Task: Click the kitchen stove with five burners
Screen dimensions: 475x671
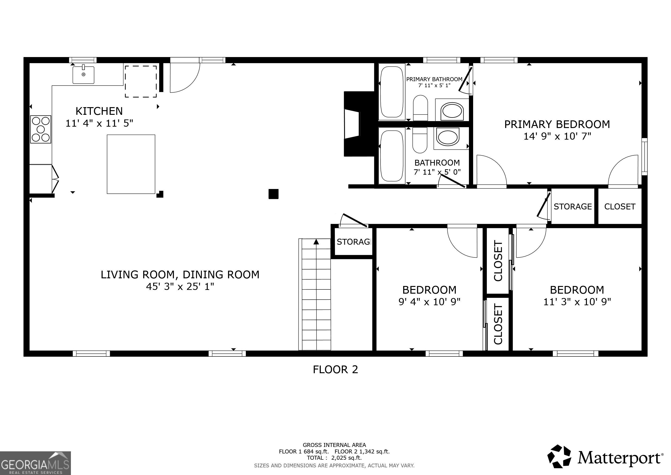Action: click(x=41, y=129)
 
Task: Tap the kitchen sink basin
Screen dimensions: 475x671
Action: click(x=83, y=75)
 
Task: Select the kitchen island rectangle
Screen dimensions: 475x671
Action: click(x=131, y=164)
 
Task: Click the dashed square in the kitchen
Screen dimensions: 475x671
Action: click(x=141, y=81)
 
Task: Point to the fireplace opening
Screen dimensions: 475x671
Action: click(x=352, y=124)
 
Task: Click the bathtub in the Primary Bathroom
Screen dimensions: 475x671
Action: click(x=392, y=92)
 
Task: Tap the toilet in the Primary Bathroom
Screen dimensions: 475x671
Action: click(x=420, y=108)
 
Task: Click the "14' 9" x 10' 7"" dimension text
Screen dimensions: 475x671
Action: click(x=557, y=136)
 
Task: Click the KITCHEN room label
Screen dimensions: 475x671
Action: click(x=99, y=111)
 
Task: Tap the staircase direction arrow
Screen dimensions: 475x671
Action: click(x=316, y=242)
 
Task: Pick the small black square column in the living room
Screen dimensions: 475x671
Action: click(x=273, y=194)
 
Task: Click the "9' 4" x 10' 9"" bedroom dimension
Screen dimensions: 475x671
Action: click(x=429, y=302)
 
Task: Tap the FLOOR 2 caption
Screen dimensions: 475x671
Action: click(x=335, y=370)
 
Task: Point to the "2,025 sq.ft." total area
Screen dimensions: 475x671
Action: click(x=346, y=458)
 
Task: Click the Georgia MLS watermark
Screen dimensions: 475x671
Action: click(x=35, y=463)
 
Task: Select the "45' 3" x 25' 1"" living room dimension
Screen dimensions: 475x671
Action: click(x=180, y=286)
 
